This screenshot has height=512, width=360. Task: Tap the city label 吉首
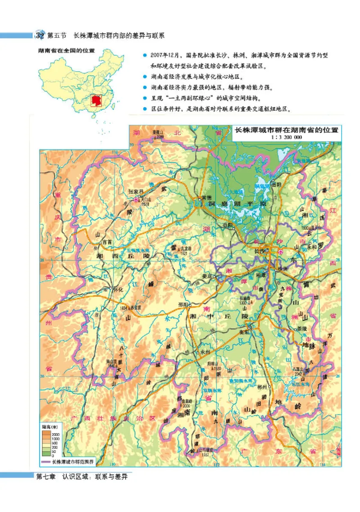click(107, 241)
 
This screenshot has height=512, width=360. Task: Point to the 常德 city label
click(207, 198)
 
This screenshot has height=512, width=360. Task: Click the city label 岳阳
click(275, 185)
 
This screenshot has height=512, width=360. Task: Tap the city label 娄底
click(207, 276)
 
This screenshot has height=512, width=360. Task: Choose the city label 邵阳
click(183, 304)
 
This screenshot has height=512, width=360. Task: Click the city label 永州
click(206, 351)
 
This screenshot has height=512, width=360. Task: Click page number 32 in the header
click(40, 35)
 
